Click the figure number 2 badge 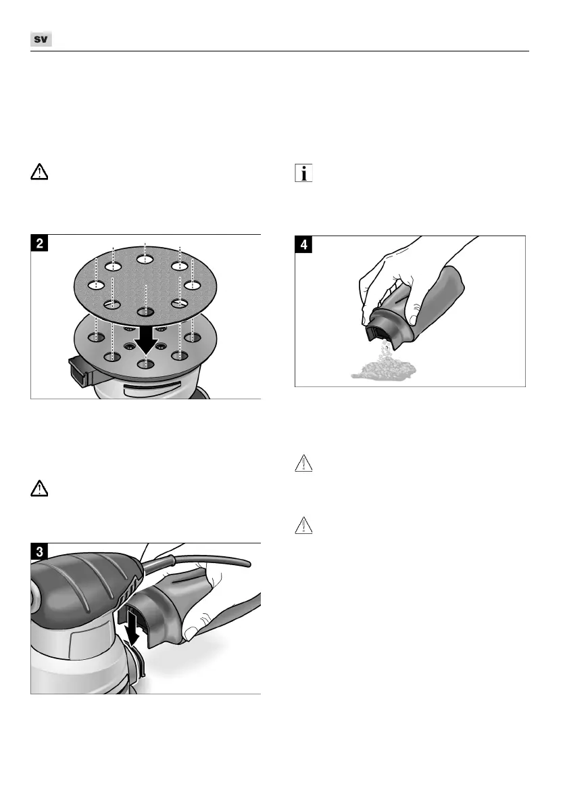point(42,245)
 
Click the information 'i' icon point(304,174)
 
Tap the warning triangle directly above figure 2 point(40,173)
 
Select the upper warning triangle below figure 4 point(305,463)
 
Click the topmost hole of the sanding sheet point(145,258)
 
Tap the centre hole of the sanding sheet point(145,311)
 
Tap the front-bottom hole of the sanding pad point(145,363)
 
